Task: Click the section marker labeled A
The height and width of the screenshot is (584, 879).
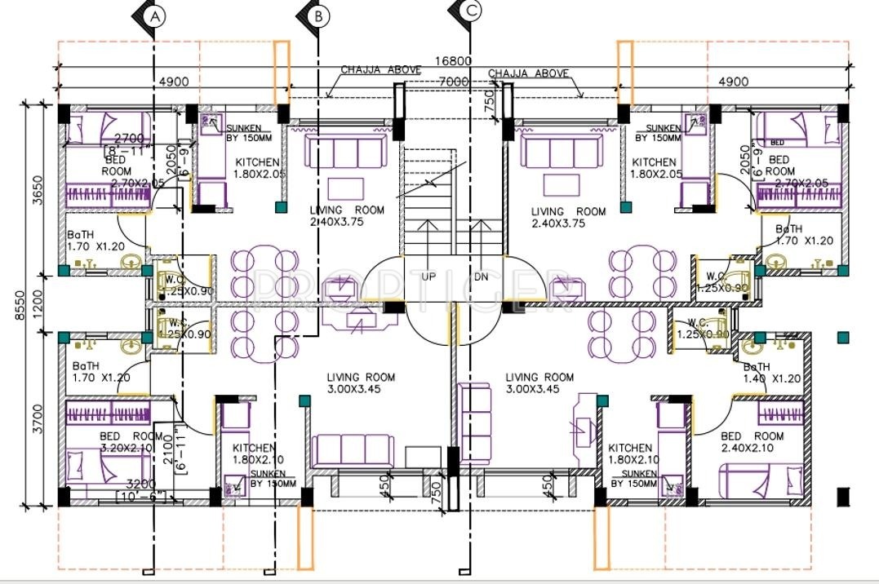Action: click(x=155, y=15)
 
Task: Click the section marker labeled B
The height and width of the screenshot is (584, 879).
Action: click(x=319, y=15)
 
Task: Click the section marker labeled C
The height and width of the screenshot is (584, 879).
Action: click(x=471, y=11)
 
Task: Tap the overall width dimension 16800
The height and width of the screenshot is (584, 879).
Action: click(x=453, y=61)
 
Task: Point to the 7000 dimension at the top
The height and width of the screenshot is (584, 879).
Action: click(x=453, y=82)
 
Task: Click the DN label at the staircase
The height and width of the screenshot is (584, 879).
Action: click(x=482, y=277)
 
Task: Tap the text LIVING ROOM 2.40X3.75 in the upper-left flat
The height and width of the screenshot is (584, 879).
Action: click(x=347, y=216)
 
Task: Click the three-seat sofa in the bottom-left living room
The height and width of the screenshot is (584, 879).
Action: click(x=352, y=451)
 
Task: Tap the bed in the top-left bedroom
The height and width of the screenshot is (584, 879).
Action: click(x=106, y=129)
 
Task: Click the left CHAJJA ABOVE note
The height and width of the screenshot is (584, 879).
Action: click(x=381, y=71)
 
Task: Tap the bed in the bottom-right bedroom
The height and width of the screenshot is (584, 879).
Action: click(x=759, y=482)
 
